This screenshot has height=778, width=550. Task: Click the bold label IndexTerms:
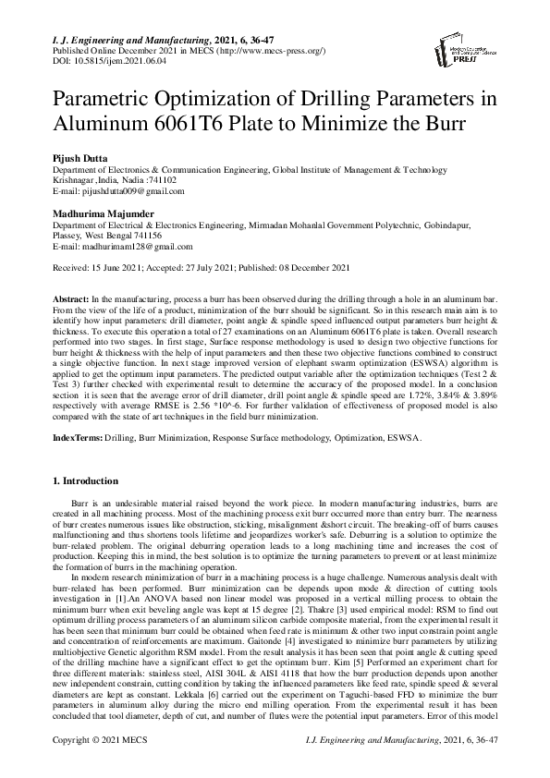coord(77,440)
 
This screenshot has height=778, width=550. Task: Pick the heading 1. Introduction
coord(84,481)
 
